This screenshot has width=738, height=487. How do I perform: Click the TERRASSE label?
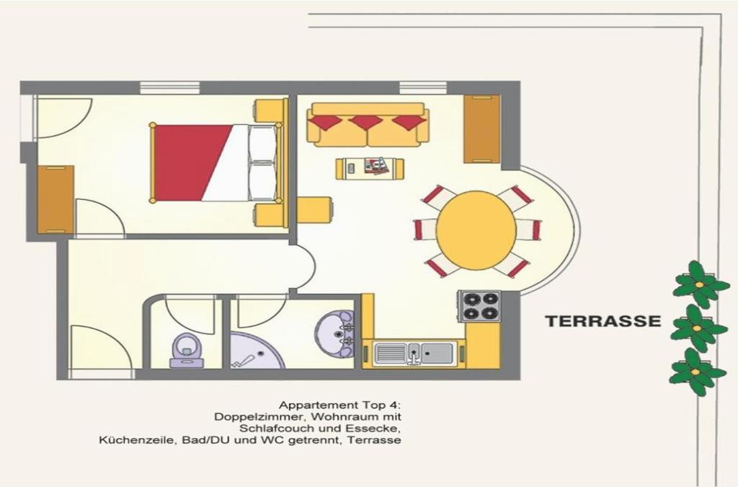603,321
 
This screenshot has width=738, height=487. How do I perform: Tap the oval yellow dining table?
476,230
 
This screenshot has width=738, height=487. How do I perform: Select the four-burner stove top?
479,306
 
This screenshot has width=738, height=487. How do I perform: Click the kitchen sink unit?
414,354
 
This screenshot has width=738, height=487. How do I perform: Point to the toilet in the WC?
187,351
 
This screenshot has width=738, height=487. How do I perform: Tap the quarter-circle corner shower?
257,351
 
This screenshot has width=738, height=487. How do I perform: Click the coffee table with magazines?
370,168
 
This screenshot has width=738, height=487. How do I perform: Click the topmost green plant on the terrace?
695,284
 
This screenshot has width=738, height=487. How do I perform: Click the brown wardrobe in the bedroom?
56,200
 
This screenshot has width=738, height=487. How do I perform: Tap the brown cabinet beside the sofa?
482,129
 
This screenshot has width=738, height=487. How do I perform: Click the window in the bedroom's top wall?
170,87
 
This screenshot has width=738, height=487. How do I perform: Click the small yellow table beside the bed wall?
316,211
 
